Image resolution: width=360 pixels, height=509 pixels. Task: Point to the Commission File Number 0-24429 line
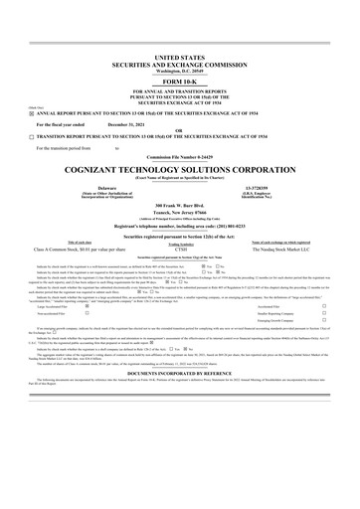[179, 156]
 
